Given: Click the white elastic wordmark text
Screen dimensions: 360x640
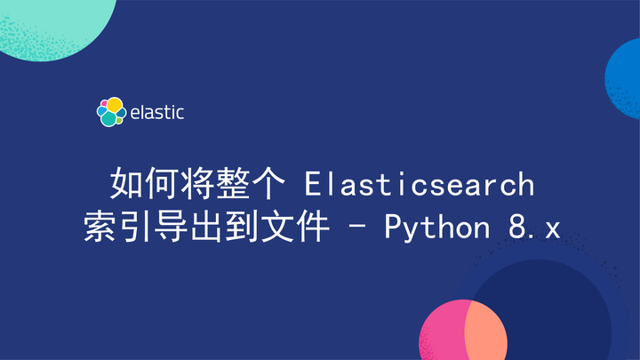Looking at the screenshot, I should [157, 113].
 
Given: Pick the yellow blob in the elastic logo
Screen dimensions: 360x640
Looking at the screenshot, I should [115, 105].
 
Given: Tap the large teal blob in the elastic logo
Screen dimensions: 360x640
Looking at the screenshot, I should [108, 119].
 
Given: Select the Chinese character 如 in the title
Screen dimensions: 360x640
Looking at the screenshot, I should [125, 185].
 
